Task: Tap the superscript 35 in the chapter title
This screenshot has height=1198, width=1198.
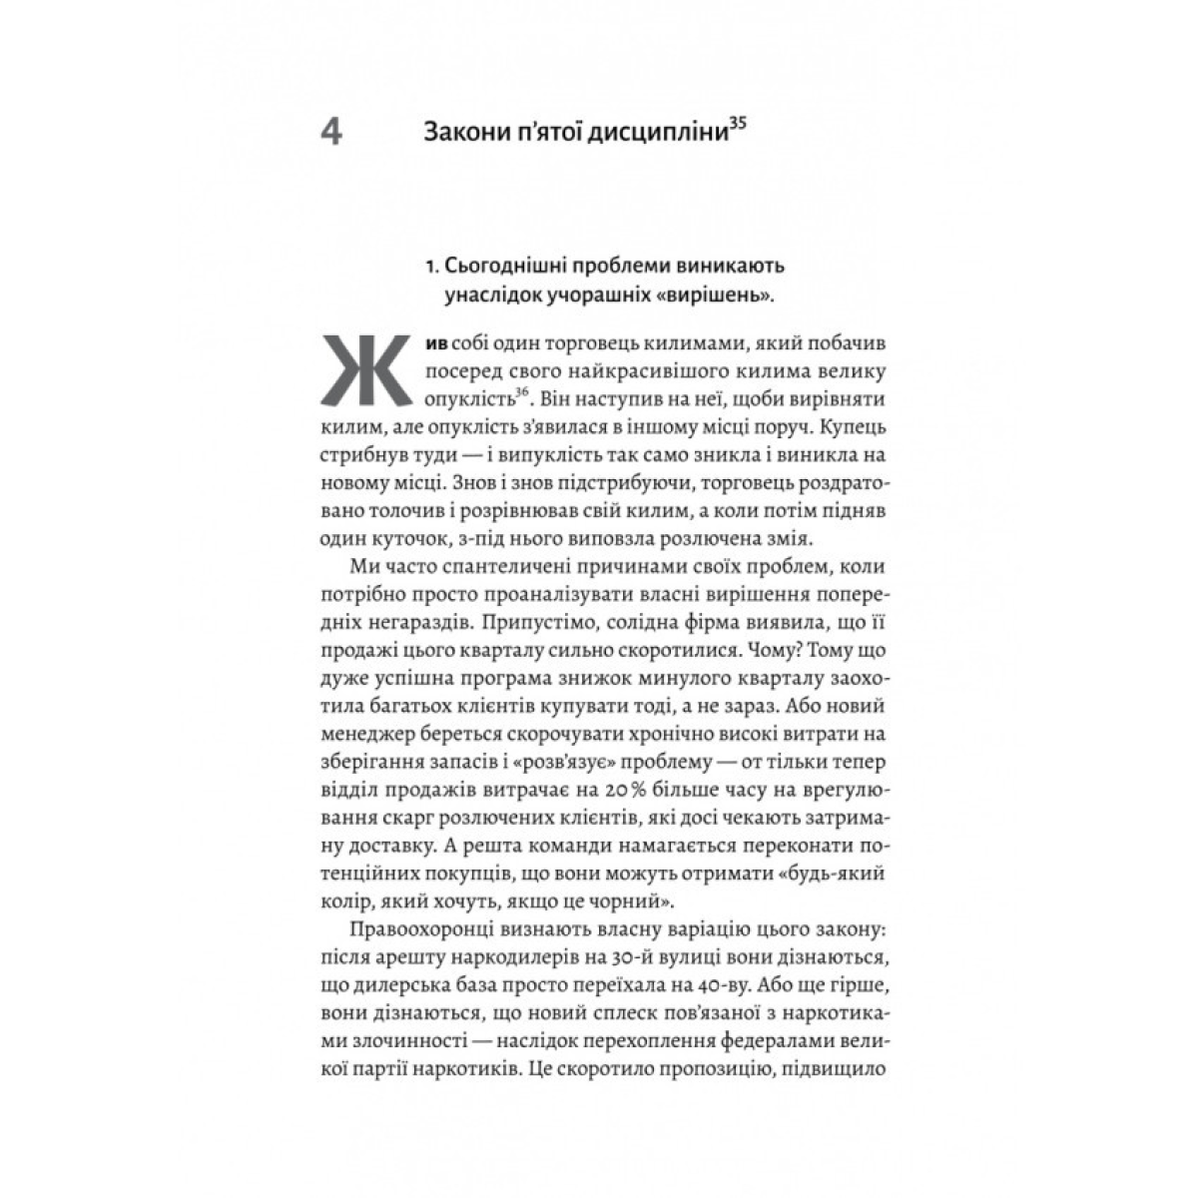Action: point(738,125)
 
